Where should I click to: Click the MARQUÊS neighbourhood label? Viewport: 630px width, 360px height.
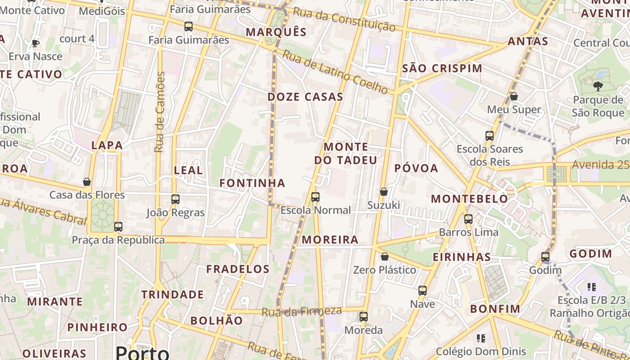tap(276, 32)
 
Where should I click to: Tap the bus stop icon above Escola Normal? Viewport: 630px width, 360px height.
tap(315, 197)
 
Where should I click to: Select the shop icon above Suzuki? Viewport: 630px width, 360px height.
tap(384, 192)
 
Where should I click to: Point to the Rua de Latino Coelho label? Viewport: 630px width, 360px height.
tap(335, 72)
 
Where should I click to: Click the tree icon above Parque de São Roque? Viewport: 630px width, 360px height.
tap(598, 86)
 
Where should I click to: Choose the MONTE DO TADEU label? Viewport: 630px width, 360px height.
tap(346, 153)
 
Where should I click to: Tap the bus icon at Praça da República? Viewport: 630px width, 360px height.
tap(118, 226)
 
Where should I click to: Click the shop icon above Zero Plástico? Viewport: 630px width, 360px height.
tap(385, 256)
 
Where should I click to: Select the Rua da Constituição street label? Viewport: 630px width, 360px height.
tap(344, 18)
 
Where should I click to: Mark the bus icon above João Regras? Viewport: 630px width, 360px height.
tap(175, 199)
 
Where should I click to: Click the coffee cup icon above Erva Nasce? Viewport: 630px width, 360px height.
tap(36, 43)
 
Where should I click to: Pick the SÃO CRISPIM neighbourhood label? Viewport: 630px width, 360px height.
tap(442, 68)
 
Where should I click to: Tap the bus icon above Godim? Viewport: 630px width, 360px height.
tap(545, 257)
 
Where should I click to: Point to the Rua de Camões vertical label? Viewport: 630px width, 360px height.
tap(160, 112)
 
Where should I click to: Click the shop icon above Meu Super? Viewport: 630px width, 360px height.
tap(514, 96)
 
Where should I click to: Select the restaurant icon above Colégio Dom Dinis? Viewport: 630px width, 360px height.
tap(481, 337)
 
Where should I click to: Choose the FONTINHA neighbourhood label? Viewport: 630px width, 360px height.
tap(252, 183)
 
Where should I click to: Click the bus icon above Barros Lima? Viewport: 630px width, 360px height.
tap(468, 219)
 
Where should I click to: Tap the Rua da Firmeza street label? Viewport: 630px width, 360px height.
tap(301, 311)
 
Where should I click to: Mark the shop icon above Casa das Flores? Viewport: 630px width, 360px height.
tap(87, 182)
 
